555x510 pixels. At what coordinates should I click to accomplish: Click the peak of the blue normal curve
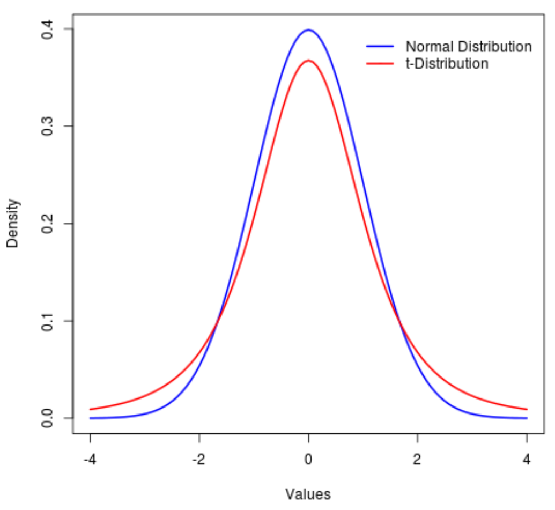point(308,30)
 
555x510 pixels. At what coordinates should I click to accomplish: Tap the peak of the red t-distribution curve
point(308,61)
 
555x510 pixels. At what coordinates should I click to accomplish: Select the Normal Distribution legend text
point(468,47)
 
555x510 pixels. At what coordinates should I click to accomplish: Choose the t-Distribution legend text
point(447,64)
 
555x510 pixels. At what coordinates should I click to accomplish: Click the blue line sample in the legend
point(380,47)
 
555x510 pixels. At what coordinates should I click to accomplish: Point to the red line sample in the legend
point(380,64)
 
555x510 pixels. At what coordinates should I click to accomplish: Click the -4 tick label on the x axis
point(90,460)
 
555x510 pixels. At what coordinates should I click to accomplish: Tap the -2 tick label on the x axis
point(199,460)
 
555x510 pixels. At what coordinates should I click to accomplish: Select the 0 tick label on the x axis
point(308,460)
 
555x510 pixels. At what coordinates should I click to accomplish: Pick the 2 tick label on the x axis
point(418,460)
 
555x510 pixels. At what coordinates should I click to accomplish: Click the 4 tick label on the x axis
point(527,460)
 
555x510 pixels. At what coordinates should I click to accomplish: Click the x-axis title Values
point(308,494)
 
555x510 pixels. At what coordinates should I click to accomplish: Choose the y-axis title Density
point(13,224)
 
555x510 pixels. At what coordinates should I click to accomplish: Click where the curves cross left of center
point(217,322)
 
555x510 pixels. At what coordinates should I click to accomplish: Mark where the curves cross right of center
point(399,322)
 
